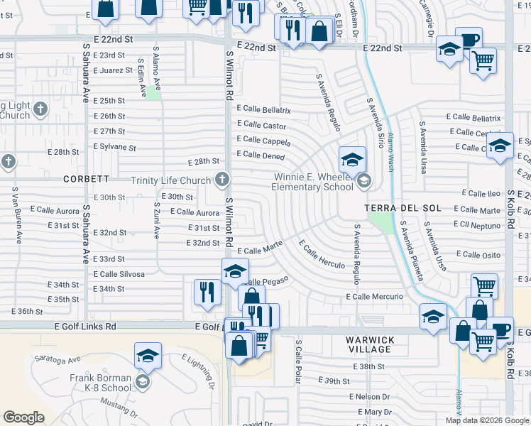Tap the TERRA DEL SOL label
[x=403, y=208]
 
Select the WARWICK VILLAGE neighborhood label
[x=369, y=344]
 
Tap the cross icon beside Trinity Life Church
[x=222, y=179]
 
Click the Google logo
[x=24, y=417]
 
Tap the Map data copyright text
[x=487, y=420]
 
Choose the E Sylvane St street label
[x=114, y=147]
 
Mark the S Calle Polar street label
[x=298, y=362]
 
